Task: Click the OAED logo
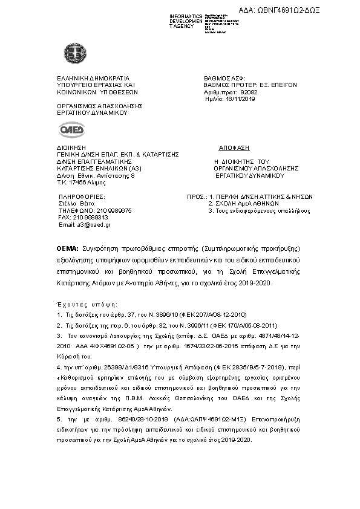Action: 72,129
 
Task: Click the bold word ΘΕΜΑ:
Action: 67,248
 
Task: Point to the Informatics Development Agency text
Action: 186,21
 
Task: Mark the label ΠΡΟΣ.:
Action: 194,197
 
